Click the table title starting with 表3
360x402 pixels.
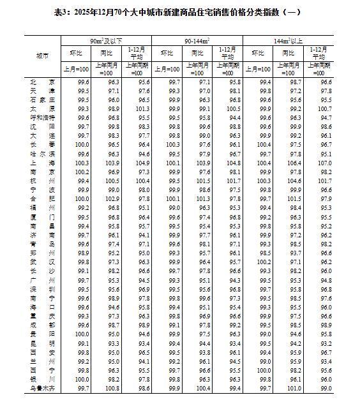tap(181, 12)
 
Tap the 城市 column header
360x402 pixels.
tap(42, 56)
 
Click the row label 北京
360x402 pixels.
tap(42, 82)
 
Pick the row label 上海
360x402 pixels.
tap(42, 164)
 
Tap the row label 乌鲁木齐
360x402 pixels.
tap(42, 388)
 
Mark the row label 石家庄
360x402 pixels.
tap(42, 100)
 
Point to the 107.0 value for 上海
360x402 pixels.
tap(327, 164)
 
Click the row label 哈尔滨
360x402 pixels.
tap(42, 154)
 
